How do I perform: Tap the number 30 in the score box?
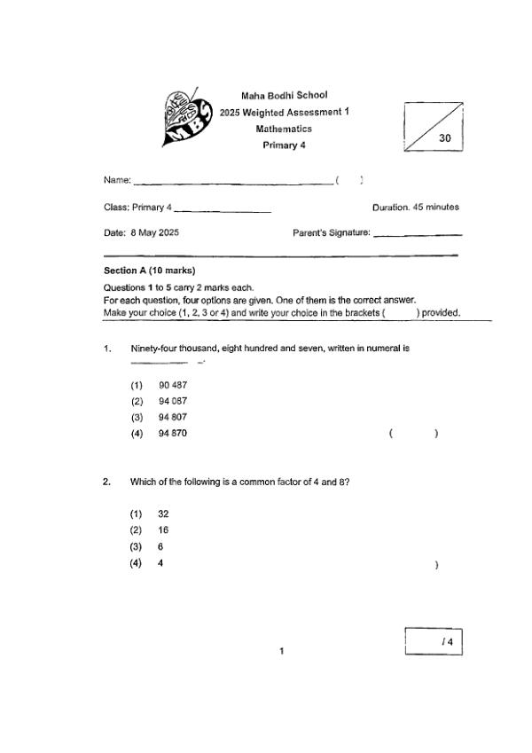(445, 138)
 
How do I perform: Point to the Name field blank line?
(232, 182)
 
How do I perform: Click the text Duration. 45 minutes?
(415, 208)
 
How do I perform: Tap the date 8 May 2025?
(154, 232)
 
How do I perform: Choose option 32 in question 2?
(163, 514)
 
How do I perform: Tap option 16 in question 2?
(163, 530)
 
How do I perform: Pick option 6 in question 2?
(160, 547)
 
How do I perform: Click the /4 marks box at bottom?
(434, 641)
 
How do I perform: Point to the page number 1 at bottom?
(281, 652)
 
